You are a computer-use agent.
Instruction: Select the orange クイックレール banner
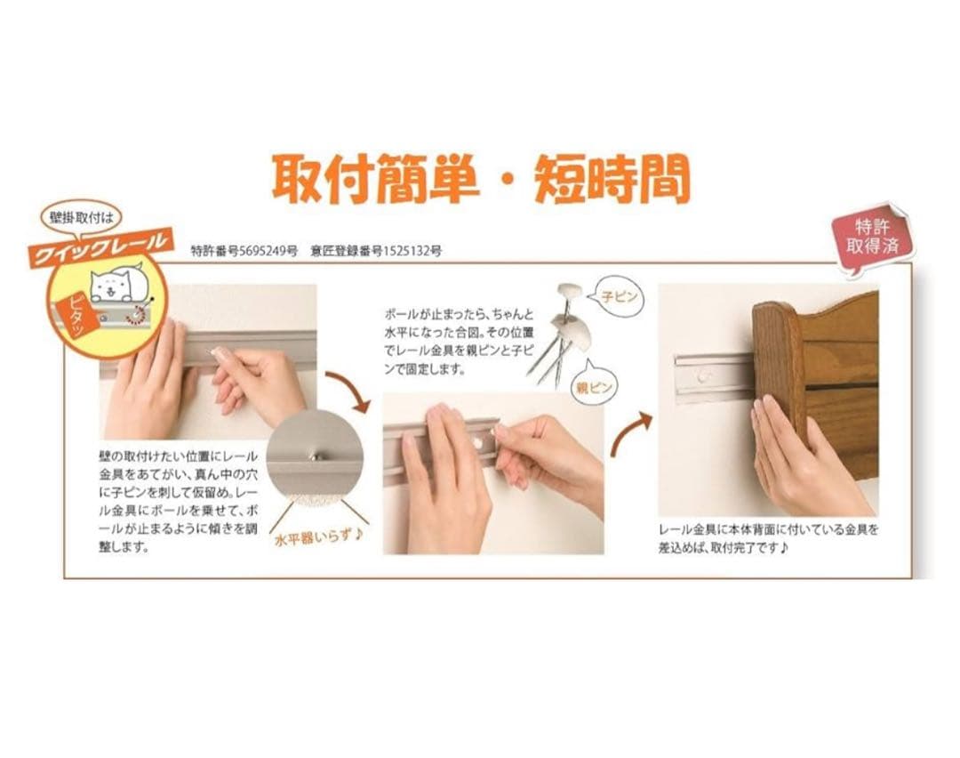(x=98, y=246)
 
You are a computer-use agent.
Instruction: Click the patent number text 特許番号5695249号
(x=244, y=251)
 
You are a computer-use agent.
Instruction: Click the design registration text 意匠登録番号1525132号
(x=376, y=251)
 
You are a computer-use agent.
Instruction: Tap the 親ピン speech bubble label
(x=593, y=387)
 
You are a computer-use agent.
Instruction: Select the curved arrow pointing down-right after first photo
(x=349, y=391)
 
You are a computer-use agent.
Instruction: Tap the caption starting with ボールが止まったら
(x=460, y=342)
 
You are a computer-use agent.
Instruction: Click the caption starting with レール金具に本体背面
(x=769, y=538)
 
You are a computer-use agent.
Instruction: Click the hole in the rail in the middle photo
(x=479, y=442)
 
